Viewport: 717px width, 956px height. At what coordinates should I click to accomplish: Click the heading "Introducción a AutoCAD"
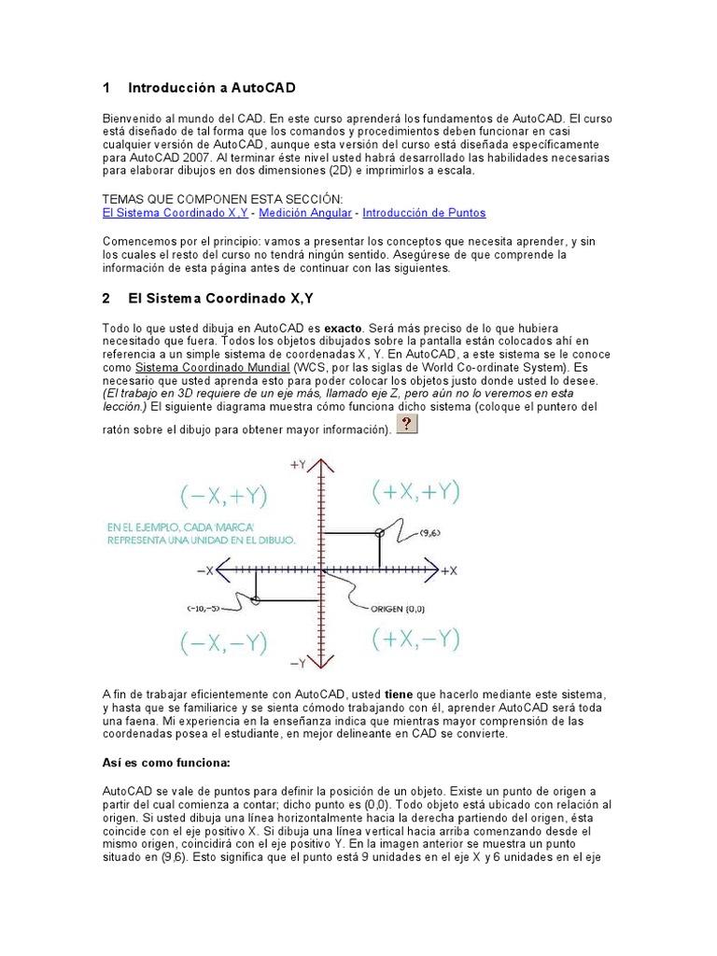211,88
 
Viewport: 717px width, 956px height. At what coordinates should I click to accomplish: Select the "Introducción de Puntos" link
424,213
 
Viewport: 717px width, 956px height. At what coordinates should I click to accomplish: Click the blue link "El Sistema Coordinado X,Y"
175,213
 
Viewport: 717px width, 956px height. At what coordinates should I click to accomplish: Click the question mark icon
407,425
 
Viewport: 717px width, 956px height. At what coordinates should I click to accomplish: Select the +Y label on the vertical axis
299,464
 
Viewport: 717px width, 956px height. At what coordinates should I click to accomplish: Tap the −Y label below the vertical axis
299,663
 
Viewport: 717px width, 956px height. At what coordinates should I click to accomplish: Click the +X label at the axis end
448,570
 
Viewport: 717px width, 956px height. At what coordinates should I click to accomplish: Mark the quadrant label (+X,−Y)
415,639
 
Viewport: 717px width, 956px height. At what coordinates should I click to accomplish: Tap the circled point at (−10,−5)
257,598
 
